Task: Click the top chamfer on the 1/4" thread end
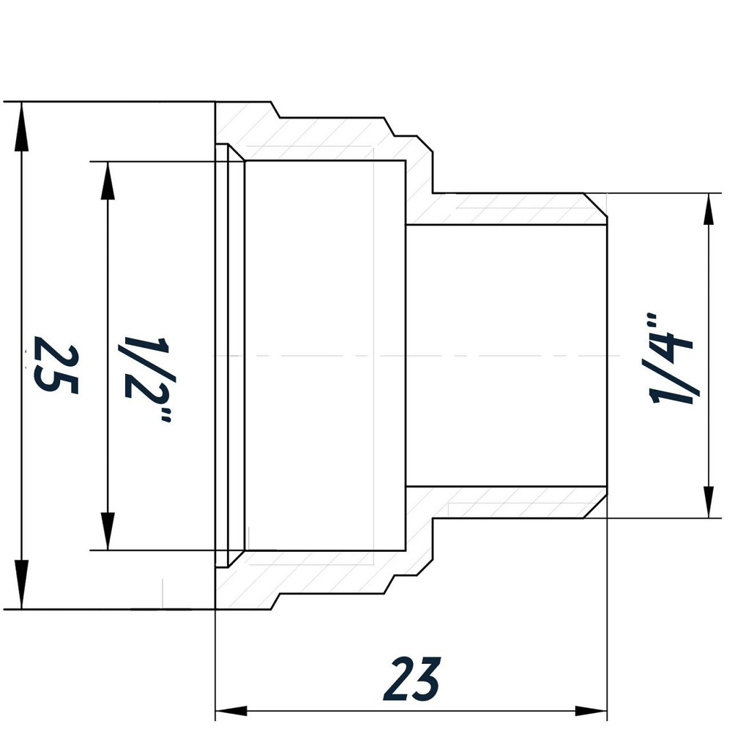pos(597,209)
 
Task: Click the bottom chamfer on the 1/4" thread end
pos(597,504)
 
